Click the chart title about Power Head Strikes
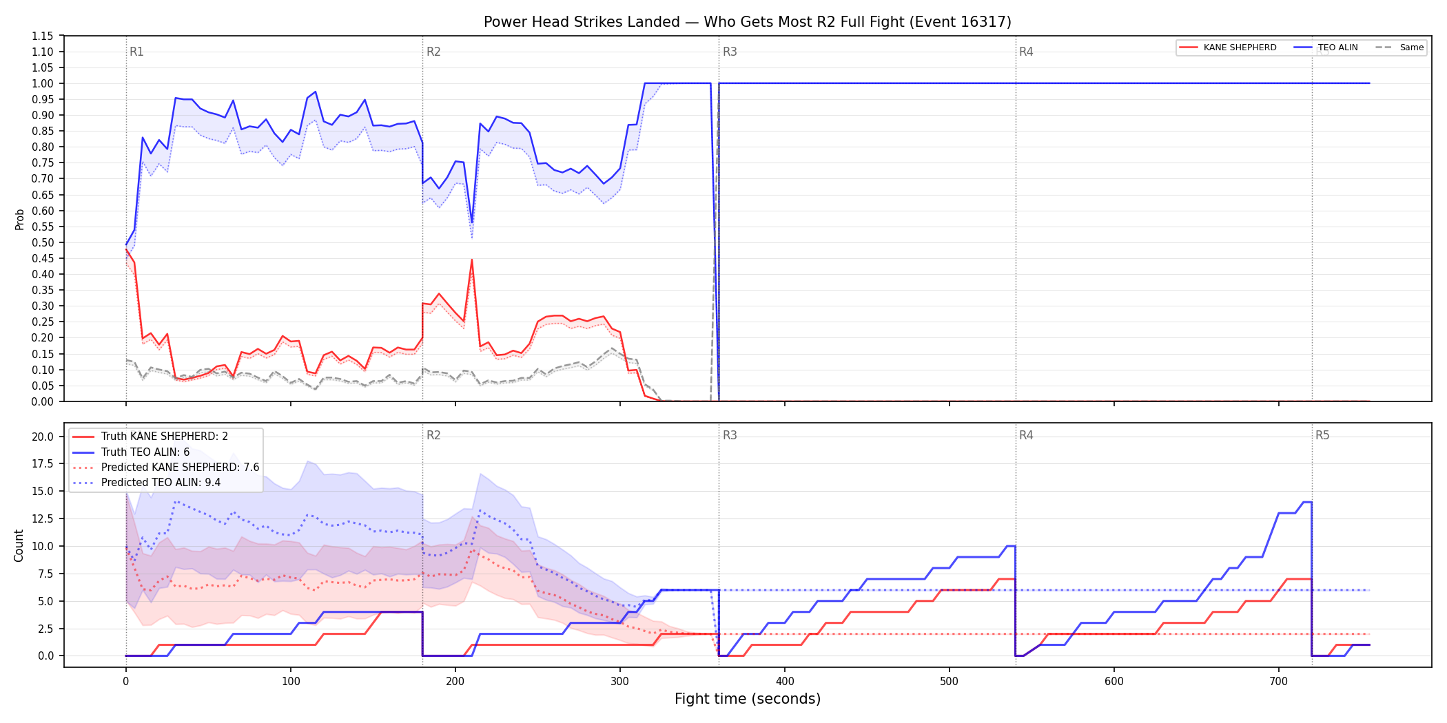pos(747,22)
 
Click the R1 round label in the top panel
pos(136,52)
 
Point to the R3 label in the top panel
pos(730,52)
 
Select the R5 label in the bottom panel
pos(1322,435)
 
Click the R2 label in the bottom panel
pos(433,435)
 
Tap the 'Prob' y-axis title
pos(20,219)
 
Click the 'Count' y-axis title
pos(19,545)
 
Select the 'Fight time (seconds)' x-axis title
pos(748,699)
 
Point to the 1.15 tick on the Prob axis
pos(43,36)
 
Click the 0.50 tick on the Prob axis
pos(43,242)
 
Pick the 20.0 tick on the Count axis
pos(43,437)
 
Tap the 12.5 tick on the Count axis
pos(43,518)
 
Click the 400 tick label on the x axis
pos(785,682)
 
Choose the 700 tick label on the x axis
pos(1279,682)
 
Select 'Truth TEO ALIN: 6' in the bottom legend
pos(145,452)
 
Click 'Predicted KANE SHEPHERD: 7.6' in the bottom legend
pos(181,467)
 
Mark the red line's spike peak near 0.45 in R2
pos(472,260)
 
